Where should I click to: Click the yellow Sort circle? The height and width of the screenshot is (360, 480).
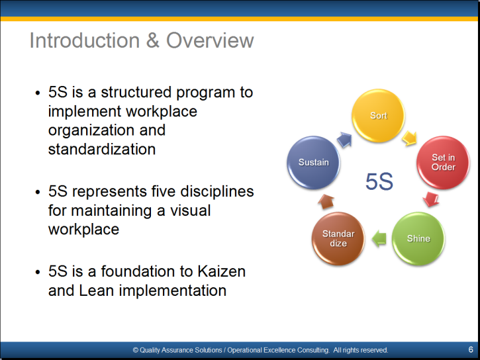[378, 115]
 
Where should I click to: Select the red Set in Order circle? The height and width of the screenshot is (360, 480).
[443, 162]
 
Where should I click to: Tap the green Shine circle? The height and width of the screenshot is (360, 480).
[418, 238]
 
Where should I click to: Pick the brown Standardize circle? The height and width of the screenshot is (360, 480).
[338, 238]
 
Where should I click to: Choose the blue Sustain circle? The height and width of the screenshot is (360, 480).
[313, 162]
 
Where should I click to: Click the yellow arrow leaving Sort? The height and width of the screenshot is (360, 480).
[410, 138]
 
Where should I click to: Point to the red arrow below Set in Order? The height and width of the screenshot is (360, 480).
[431, 199]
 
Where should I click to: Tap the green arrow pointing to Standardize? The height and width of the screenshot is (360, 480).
[379, 238]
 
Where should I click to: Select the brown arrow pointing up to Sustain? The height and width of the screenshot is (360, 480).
[326, 202]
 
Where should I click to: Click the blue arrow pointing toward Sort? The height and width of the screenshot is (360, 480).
[344, 140]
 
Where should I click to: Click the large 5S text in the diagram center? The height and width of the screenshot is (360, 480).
[379, 182]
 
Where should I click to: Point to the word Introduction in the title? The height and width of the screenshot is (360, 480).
[85, 40]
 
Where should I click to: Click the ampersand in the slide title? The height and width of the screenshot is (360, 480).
[153, 40]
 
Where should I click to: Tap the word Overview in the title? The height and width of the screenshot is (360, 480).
[210, 40]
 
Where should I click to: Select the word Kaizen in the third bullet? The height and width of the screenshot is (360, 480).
[221, 271]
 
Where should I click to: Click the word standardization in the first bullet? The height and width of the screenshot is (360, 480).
[102, 150]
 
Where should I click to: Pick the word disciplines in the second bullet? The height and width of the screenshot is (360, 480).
[217, 192]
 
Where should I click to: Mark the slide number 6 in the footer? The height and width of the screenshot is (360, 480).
[471, 349]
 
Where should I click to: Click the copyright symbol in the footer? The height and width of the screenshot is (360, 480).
[135, 350]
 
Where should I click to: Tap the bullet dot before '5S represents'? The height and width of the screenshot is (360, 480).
[38, 192]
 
